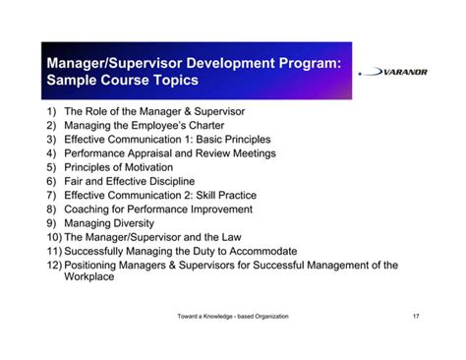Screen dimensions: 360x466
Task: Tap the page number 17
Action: (x=418, y=316)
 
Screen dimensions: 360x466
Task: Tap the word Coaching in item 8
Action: (x=90, y=210)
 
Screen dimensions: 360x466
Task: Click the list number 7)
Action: (x=52, y=196)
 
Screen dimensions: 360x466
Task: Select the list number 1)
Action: (x=52, y=112)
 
